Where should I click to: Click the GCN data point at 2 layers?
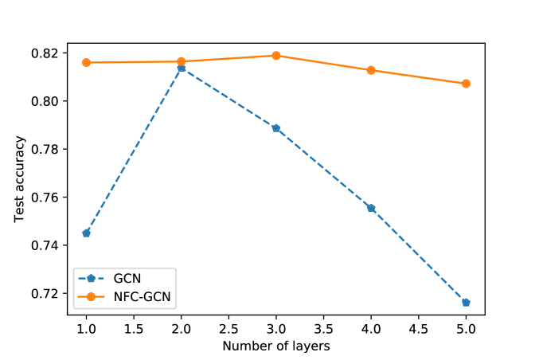pyautogui.click(x=181, y=68)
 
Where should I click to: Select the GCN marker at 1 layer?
pyautogui.click(x=86, y=233)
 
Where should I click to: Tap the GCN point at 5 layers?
pyautogui.click(x=466, y=303)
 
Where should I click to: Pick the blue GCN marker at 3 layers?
pyautogui.click(x=276, y=128)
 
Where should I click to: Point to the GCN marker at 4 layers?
pyautogui.click(x=371, y=208)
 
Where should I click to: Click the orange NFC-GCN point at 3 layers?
pyautogui.click(x=276, y=56)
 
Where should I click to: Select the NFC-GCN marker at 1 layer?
pyautogui.click(x=86, y=62)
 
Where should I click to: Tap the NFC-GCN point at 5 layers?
pyautogui.click(x=466, y=84)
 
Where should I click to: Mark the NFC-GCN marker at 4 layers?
pyautogui.click(x=371, y=70)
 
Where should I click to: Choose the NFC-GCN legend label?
pyautogui.click(x=142, y=297)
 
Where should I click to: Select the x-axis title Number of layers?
pyautogui.click(x=275, y=346)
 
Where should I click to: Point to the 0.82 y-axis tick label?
pyautogui.click(x=49, y=53)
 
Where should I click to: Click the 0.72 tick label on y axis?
pyautogui.click(x=49, y=294)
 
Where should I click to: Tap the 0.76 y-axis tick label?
pyautogui.click(x=49, y=198)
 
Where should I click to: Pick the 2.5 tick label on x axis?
pyautogui.click(x=228, y=328)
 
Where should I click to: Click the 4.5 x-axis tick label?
pyautogui.click(x=419, y=328)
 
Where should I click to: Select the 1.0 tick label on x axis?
pyautogui.click(x=86, y=328)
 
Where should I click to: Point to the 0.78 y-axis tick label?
pyautogui.click(x=49, y=150)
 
